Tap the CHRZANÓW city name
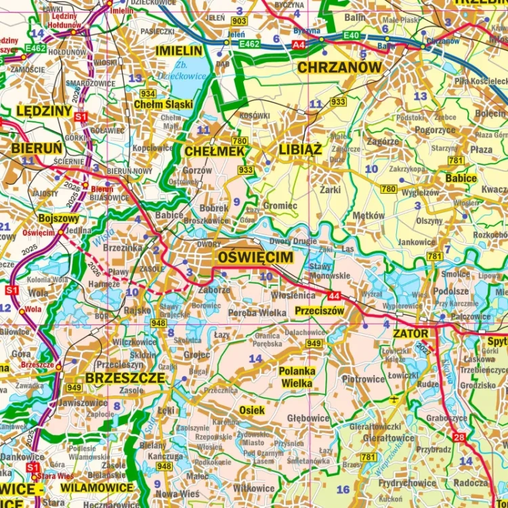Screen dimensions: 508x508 click(339, 67)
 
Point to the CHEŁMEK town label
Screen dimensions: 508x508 click(214, 152)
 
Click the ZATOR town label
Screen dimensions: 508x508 click(410, 334)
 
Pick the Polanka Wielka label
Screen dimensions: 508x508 click(297, 377)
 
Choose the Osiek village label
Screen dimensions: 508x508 click(252, 410)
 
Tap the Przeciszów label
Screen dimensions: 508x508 click(320, 311)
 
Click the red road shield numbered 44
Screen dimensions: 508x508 click(333, 295)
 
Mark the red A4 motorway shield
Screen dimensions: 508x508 click(298, 45)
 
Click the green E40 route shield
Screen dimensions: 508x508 click(352, 35)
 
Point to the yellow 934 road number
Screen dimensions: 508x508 click(148, 93)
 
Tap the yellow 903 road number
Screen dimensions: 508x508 click(238, 22)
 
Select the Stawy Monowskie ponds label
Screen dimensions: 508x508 click(329, 271)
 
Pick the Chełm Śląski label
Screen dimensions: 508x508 click(163, 104)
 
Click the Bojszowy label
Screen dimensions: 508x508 click(58, 219)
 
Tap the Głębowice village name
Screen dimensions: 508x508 click(308, 419)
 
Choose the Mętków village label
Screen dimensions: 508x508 click(368, 215)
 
